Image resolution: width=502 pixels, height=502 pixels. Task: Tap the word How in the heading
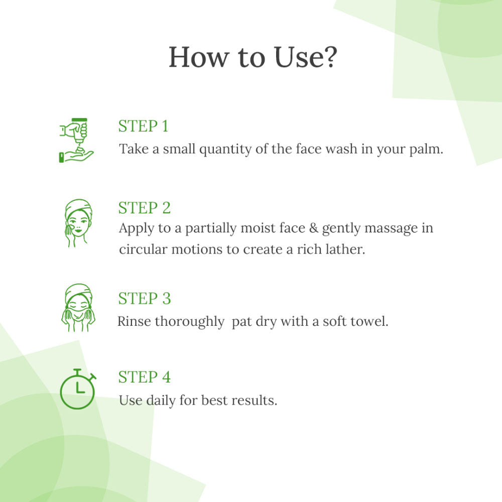click(x=199, y=57)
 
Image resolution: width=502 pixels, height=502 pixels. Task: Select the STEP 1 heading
click(x=143, y=126)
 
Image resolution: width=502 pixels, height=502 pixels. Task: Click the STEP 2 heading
click(x=145, y=208)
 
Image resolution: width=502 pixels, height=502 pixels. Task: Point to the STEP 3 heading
click(x=145, y=298)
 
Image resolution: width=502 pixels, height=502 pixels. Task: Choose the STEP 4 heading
click(x=145, y=377)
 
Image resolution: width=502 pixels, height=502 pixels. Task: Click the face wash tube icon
click(x=76, y=140)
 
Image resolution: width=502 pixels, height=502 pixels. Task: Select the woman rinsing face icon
click(x=78, y=307)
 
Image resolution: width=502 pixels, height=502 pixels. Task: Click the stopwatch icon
click(x=78, y=389)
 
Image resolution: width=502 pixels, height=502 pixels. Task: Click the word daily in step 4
click(x=161, y=401)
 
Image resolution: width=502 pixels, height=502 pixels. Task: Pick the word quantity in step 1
click(x=225, y=150)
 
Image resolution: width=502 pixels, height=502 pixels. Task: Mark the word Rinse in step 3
click(x=134, y=321)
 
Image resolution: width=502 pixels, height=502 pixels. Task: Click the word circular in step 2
click(x=143, y=249)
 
